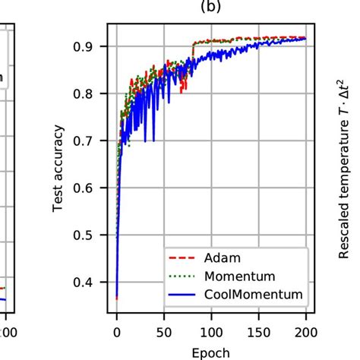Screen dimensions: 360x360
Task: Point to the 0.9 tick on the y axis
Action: coord(90,46)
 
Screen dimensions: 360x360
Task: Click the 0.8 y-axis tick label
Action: coord(90,93)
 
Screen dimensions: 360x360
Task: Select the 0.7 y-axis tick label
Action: coord(90,141)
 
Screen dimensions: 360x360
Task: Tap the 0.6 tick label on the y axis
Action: coord(90,188)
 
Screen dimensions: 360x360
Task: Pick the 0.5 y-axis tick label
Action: coord(90,235)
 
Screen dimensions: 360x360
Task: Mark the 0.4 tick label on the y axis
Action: coord(90,282)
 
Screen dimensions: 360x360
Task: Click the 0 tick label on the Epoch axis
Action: coord(116,332)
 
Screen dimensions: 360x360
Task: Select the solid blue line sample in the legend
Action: coord(182,294)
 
